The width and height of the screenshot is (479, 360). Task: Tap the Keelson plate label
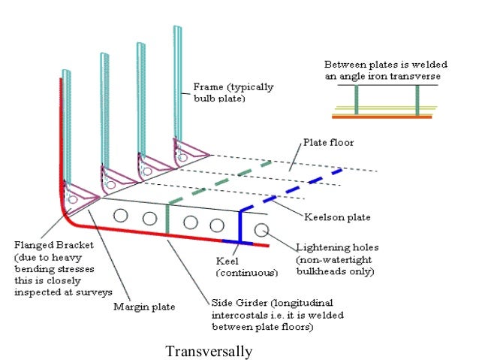pyautogui.click(x=337, y=218)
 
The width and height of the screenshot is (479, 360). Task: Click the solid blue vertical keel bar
pyautogui.click(x=240, y=225)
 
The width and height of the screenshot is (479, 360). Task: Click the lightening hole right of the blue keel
pyautogui.click(x=261, y=229)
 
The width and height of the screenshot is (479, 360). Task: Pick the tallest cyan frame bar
pyautogui.click(x=177, y=83)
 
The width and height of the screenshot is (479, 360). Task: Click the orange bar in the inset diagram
pyautogui.click(x=382, y=117)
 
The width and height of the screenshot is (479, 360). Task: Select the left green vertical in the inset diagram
pyautogui.click(x=357, y=100)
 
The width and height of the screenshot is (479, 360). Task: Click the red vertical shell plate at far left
pyautogui.click(x=60, y=135)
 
